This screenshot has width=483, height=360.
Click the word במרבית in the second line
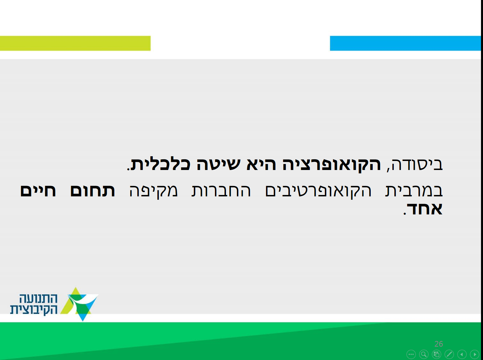[414, 191]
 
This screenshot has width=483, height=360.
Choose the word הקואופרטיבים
[318, 191]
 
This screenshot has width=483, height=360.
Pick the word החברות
[221, 191]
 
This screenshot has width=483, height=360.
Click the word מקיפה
[153, 191]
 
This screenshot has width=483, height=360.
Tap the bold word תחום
[92, 191]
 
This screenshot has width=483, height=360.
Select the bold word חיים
[38, 191]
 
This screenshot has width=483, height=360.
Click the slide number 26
[439, 344]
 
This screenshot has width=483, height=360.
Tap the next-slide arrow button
[475, 354]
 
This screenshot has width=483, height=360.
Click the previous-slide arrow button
[462, 354]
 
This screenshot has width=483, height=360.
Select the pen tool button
[449, 354]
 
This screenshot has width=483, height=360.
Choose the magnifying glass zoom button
[424, 354]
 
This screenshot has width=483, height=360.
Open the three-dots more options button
[411, 354]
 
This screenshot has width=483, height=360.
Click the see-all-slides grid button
[437, 354]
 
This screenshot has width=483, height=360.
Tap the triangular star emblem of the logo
[80, 304]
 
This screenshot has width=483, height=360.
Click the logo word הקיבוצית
[34, 310]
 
